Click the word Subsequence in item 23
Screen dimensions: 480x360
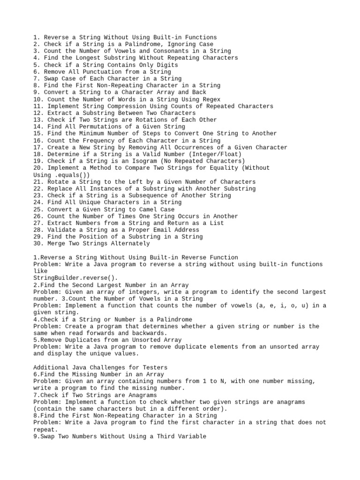click(x=132, y=195)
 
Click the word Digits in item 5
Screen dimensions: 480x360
click(x=168, y=65)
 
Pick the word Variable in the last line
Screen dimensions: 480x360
click(x=191, y=436)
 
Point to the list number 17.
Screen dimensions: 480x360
click(x=38, y=147)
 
